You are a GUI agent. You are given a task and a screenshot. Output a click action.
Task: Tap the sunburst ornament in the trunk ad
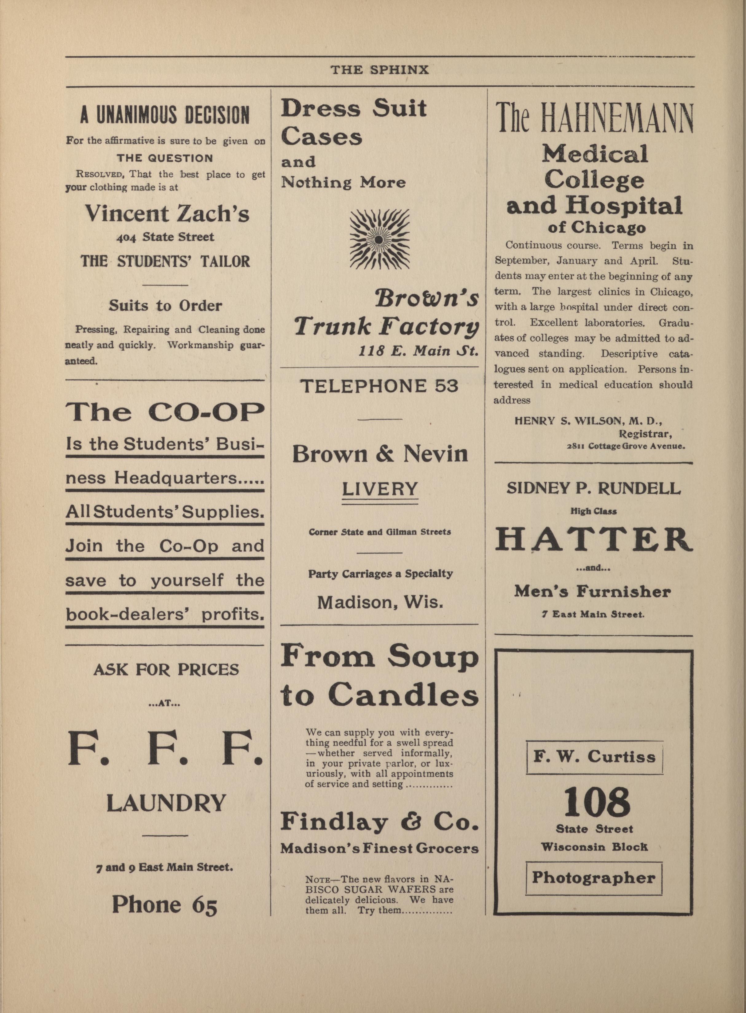380,238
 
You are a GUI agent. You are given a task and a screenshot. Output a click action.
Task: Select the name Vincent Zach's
167,213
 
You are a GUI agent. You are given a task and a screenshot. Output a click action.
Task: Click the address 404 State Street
165,237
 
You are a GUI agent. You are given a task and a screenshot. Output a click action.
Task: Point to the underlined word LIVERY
380,489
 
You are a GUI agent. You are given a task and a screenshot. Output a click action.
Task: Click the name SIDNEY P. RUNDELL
593,488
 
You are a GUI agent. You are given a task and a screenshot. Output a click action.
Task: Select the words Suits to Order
165,306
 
